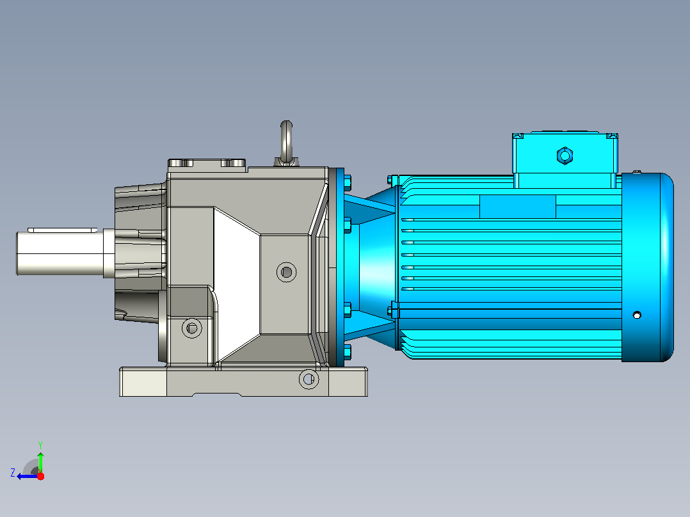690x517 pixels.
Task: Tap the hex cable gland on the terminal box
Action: click(565, 155)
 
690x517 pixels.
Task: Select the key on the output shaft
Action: click(63, 230)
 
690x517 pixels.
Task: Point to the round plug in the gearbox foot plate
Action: click(309, 378)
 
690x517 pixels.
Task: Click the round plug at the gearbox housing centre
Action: click(287, 272)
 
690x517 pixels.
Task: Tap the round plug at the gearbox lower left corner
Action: click(192, 328)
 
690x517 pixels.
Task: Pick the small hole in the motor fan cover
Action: click(637, 315)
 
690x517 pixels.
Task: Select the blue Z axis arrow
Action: click(28, 476)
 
